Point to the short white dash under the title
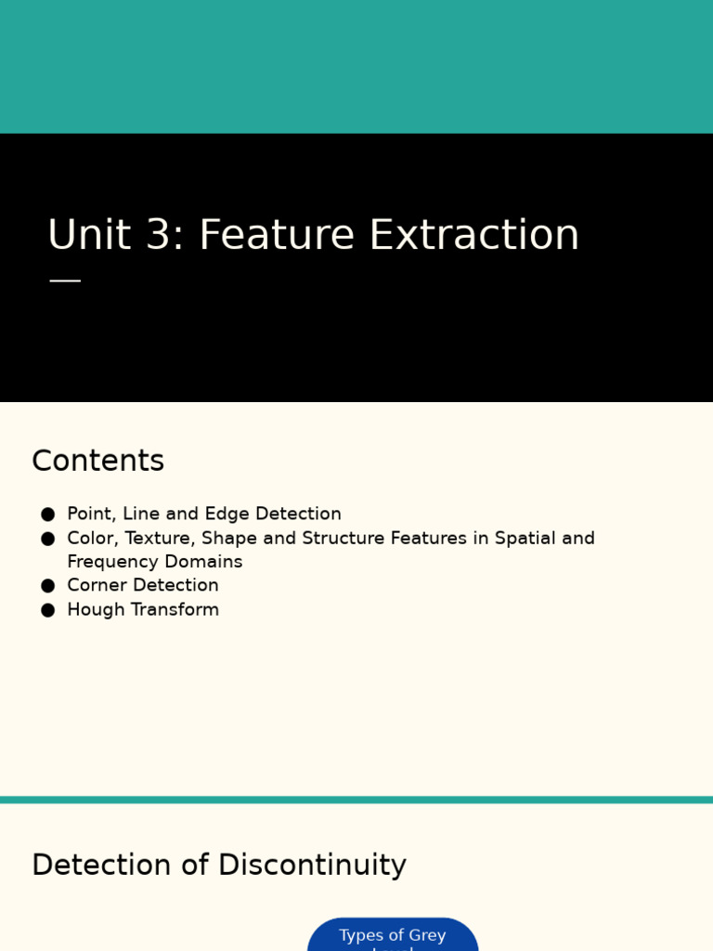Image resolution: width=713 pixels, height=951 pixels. [x=65, y=280]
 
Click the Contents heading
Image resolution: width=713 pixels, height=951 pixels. [x=97, y=461]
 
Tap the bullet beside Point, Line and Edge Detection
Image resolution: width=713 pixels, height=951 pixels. [x=48, y=515]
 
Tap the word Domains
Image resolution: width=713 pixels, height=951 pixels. [x=203, y=562]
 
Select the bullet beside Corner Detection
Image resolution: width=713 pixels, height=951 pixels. [x=48, y=586]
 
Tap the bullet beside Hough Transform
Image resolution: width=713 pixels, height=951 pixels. [x=48, y=610]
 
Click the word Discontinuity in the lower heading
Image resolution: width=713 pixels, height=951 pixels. [x=312, y=865]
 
